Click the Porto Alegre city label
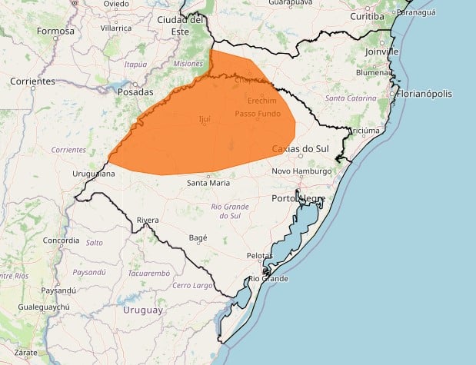click(299, 198)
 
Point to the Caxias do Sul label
click(301, 148)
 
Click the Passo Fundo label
click(258, 114)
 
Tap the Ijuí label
click(204, 119)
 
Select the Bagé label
click(198, 238)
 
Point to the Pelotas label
click(259, 255)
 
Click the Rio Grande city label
click(268, 278)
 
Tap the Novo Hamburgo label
click(301, 171)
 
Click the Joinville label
click(382, 51)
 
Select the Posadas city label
click(135, 91)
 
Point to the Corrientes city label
click(32, 81)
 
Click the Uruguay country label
click(142, 310)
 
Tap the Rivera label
click(148, 221)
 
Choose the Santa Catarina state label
click(351, 98)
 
